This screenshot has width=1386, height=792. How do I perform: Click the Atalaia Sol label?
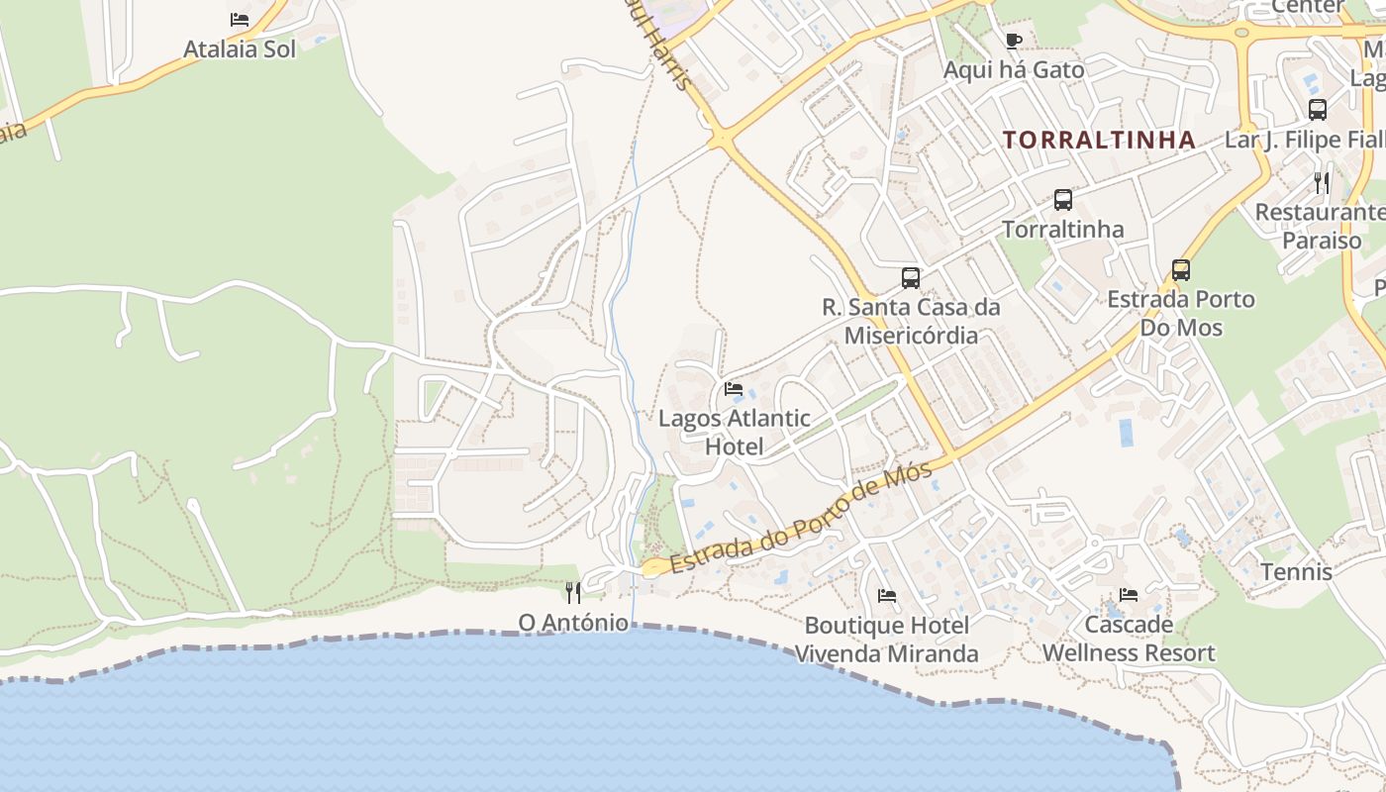coord(240,49)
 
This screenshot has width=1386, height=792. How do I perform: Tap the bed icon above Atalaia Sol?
coord(240,19)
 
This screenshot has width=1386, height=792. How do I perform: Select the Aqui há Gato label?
coord(1013,70)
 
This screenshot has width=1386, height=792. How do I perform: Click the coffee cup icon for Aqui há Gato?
coord(1013,41)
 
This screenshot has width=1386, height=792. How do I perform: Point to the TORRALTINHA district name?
coord(1099,141)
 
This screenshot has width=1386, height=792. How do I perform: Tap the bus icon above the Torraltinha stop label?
coord(1063,200)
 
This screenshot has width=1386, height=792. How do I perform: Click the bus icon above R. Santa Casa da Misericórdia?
coord(911,278)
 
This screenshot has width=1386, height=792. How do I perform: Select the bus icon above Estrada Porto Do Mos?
coord(1180,269)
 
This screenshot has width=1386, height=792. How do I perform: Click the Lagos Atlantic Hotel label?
coord(734,433)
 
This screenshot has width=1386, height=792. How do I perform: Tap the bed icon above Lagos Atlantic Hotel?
coord(734,389)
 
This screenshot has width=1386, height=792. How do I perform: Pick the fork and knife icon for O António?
coord(573,592)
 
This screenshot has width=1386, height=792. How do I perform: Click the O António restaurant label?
coord(573,623)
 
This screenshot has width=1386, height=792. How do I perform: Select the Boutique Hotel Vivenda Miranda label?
coord(886,640)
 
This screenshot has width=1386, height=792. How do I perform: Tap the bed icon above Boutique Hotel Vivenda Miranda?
coord(887,596)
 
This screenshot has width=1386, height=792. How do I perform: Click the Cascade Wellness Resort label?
coord(1128,639)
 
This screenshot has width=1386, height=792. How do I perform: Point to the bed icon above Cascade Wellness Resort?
coord(1129,595)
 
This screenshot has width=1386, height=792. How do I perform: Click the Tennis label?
coord(1296,572)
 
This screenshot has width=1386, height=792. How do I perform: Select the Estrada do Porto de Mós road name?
coord(802,519)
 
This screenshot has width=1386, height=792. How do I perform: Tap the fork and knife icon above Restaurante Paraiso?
coord(1322,183)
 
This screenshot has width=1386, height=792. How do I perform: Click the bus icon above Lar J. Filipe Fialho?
coord(1317,110)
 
